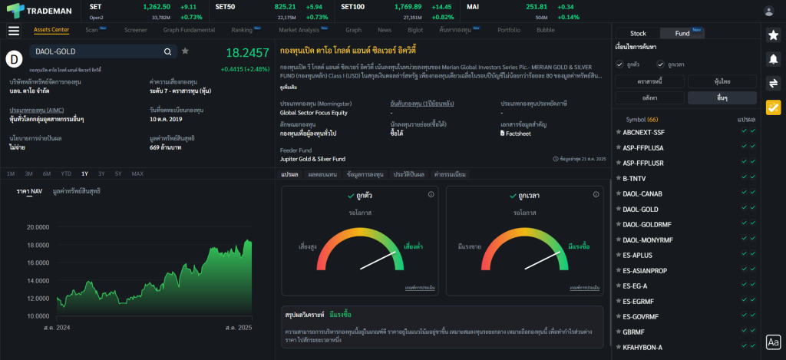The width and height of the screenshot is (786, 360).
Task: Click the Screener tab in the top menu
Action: point(136,30)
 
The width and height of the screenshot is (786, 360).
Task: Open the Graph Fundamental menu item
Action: point(189,30)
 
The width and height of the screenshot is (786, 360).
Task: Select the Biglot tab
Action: point(415,30)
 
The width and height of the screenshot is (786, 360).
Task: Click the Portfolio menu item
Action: point(509,30)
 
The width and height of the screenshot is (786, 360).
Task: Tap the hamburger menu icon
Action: point(14,31)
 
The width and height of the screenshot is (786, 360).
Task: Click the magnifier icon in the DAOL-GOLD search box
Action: point(167,51)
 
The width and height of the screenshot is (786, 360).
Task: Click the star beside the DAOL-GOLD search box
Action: point(185,51)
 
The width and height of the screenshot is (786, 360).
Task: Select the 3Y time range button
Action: point(101,173)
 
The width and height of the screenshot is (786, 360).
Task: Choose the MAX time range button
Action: point(137,173)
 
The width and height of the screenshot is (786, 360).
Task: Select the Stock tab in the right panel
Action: point(638,33)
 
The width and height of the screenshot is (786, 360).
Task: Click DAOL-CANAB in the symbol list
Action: point(642,193)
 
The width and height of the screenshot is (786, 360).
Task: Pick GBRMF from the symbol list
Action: point(633,332)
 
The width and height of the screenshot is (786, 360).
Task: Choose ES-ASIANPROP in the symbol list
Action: point(645,270)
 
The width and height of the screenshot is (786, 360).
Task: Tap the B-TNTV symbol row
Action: point(636,178)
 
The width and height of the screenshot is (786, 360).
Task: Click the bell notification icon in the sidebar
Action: point(773,58)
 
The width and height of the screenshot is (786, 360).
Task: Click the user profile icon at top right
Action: point(769,11)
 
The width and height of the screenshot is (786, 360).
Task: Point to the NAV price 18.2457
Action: point(247,53)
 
